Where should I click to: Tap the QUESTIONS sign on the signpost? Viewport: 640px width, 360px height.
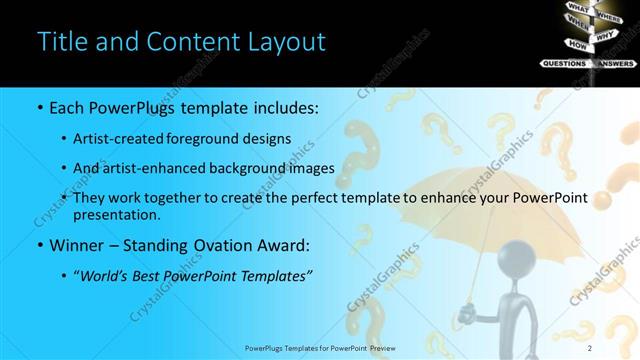pyautogui.click(x=563, y=63)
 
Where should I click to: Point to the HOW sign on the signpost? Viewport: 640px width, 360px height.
pyautogui.click(x=577, y=45)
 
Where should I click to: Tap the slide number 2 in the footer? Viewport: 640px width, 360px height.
pyautogui.click(x=590, y=347)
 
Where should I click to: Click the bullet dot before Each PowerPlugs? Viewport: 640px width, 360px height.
pyautogui.click(x=38, y=106)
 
